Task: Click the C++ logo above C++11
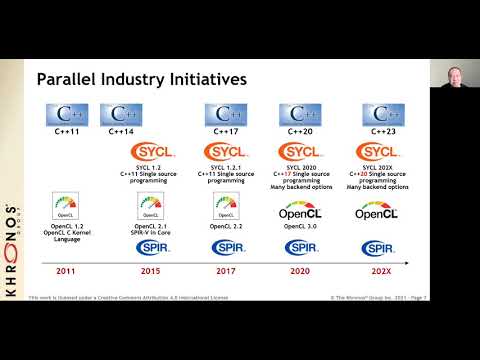[65, 113]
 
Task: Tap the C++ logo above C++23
[384, 113]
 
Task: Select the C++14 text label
[148, 131]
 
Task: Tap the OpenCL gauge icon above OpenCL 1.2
[65, 208]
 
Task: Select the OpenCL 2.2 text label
[227, 227]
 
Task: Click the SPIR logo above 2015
[148, 248]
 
